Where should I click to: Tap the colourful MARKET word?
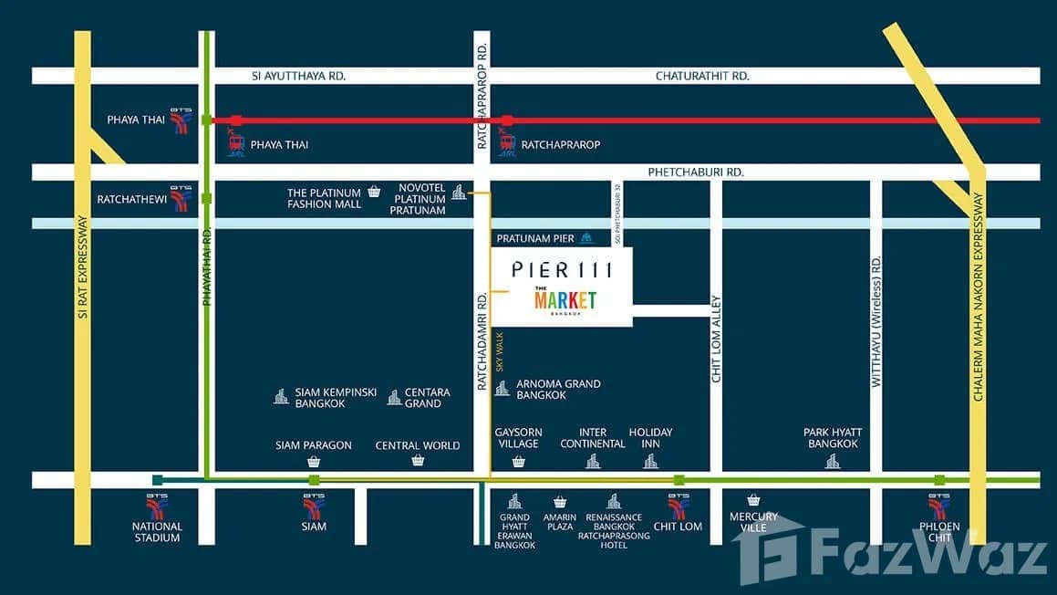coord(565,300)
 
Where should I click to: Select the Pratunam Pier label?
coord(535,239)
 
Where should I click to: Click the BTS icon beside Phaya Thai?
coord(181,121)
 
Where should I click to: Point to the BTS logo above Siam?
coord(313,506)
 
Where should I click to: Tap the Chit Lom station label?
coord(678,527)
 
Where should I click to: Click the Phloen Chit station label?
coord(938,531)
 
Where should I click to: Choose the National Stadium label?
coord(157,532)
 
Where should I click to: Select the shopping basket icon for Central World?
coord(418,461)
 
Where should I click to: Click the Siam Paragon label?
coord(314,445)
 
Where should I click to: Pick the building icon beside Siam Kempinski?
coord(281,396)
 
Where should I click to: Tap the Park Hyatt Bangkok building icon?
coord(832,461)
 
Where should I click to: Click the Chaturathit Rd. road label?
coord(702,76)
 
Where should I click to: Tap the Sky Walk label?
coord(500,350)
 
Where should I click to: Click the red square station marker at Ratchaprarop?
coord(507,120)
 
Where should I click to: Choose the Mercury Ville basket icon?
coord(753,500)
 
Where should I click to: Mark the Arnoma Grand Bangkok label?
coord(558,390)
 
